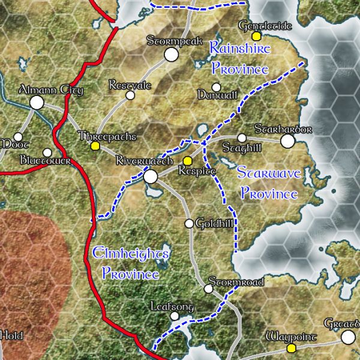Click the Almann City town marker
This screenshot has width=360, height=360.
(37, 103)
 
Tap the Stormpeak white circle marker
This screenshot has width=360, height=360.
(172, 55)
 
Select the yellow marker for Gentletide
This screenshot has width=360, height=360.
(256, 37)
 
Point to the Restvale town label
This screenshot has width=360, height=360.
(130, 85)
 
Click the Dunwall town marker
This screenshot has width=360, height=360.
(217, 87)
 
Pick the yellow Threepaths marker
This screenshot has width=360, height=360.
(94, 146)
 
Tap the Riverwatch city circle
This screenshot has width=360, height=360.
(150, 176)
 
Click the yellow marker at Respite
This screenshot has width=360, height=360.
(187, 161)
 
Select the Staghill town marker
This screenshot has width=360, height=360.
(242, 138)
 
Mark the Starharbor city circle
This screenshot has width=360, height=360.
(288, 141)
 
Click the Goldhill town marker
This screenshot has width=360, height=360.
(190, 224)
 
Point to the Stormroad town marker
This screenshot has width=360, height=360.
(208, 289)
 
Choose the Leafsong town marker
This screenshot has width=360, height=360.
(175, 316)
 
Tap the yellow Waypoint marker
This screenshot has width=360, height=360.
(292, 348)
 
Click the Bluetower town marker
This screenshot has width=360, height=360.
(47, 152)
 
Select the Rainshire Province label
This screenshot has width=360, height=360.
(239, 58)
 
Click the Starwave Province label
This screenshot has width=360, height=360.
(268, 184)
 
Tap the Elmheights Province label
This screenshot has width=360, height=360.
(131, 265)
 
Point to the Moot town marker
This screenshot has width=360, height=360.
(18, 137)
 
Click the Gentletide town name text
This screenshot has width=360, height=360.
(265, 26)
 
